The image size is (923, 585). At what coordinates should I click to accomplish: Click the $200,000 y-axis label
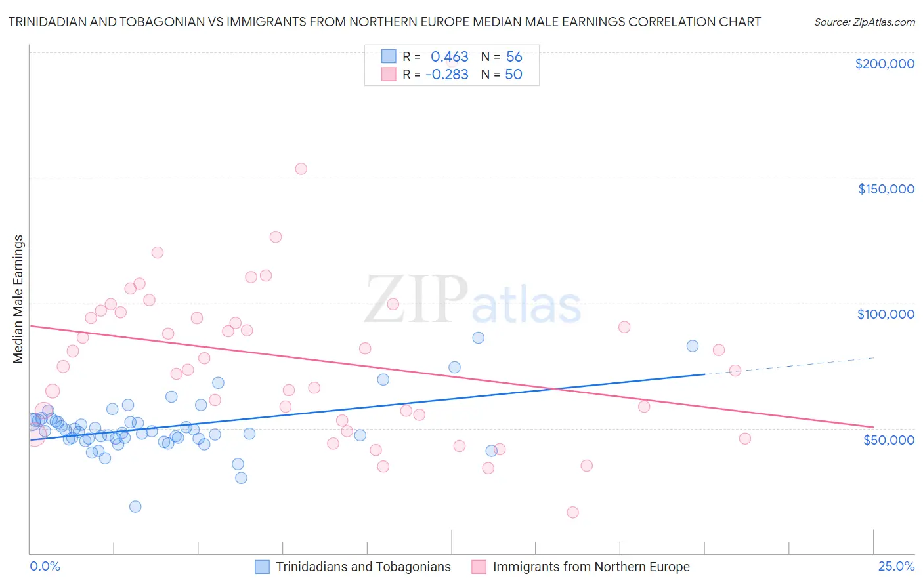click(884, 64)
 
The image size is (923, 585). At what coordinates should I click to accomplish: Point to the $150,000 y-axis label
click(886, 189)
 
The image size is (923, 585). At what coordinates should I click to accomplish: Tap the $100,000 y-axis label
click(886, 314)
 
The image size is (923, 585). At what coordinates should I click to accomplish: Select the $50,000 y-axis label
click(888, 439)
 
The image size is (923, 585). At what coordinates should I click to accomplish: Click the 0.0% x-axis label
click(45, 566)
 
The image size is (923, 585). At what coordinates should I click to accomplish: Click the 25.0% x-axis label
click(896, 566)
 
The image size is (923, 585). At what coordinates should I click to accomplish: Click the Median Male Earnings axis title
click(18, 298)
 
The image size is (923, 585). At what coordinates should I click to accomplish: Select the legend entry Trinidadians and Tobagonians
click(363, 567)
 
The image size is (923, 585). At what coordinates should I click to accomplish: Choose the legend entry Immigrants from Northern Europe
click(591, 567)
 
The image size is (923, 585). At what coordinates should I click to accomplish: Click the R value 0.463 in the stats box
click(450, 57)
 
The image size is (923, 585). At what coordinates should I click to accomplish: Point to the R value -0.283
click(447, 75)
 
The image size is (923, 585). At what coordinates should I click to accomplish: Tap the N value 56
click(514, 57)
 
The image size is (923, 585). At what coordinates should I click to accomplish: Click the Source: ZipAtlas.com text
click(864, 22)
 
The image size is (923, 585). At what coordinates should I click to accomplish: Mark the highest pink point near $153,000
click(301, 169)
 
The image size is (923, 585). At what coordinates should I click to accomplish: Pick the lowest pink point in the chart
click(572, 512)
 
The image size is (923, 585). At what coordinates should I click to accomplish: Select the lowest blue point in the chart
click(135, 506)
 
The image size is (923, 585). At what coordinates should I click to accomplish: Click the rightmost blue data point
click(692, 346)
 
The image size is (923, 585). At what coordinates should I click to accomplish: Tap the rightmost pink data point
click(744, 439)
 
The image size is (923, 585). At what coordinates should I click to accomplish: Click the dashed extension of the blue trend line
click(788, 366)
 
